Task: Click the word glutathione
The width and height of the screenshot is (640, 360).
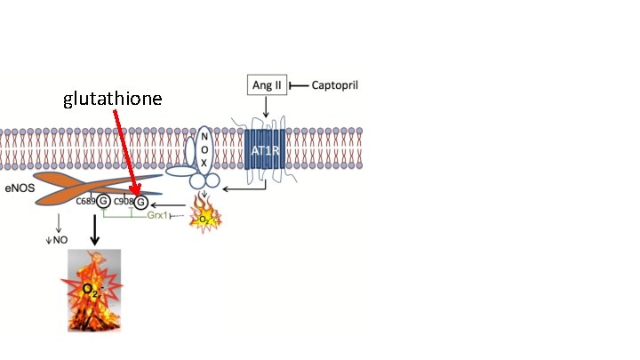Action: [x=112, y=99]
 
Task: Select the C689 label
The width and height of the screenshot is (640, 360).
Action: [x=85, y=202]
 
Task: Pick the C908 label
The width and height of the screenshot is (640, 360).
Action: [x=123, y=202]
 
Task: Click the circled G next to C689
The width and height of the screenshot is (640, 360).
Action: [x=103, y=202]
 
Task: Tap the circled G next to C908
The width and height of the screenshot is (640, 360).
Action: [x=140, y=202]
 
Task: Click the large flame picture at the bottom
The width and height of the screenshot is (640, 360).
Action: [x=94, y=291]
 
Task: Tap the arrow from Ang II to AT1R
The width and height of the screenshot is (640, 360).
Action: [x=265, y=107]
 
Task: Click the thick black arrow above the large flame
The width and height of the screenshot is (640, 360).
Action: [x=94, y=231]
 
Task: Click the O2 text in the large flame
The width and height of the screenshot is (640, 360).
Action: [x=92, y=290]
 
